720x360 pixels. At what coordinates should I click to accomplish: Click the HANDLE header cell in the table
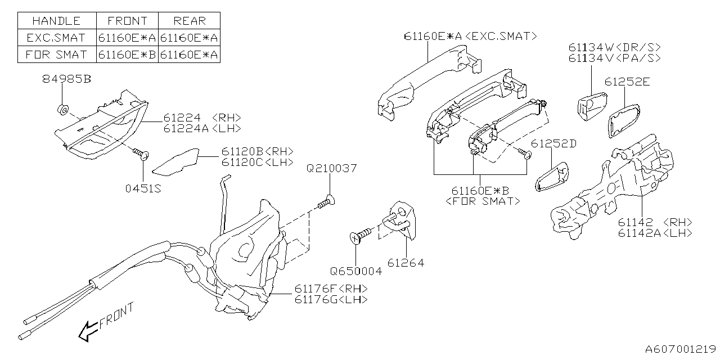pyautogui.click(x=56, y=21)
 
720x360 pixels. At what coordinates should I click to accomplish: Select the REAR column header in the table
pyautogui.click(x=189, y=21)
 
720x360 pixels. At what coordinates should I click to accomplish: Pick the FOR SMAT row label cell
pyautogui.click(x=56, y=55)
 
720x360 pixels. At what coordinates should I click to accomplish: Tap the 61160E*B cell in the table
pyautogui.click(x=127, y=55)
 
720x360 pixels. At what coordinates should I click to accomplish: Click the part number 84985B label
pyautogui.click(x=66, y=79)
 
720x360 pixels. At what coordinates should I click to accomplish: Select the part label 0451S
pyautogui.click(x=143, y=189)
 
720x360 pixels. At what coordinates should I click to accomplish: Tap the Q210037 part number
pyautogui.click(x=331, y=168)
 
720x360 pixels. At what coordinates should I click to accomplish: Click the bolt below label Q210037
pyautogui.click(x=326, y=201)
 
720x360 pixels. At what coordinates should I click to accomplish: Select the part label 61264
pyautogui.click(x=406, y=262)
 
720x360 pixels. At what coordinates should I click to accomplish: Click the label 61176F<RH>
pyautogui.click(x=331, y=289)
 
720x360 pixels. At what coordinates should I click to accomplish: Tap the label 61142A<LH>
pyautogui.click(x=655, y=233)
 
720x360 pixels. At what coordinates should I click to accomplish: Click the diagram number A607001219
pyautogui.click(x=681, y=349)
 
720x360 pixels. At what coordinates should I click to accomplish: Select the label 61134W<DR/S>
pyautogui.click(x=614, y=48)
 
